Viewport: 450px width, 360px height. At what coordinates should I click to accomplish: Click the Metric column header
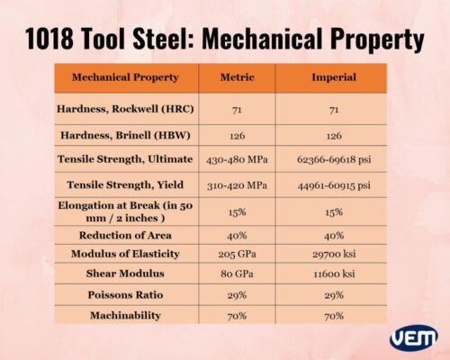[x=237, y=77]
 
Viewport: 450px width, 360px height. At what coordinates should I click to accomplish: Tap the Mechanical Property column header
[x=125, y=77]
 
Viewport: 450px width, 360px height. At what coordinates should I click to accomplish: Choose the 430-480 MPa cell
[x=237, y=159]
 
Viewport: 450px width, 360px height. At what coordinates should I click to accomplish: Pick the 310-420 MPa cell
[x=237, y=185]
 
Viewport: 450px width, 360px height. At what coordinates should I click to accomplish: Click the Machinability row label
[x=125, y=315]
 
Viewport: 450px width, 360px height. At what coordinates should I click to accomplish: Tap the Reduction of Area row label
[x=125, y=236]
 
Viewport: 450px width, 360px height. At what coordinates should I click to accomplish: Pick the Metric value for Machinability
[x=237, y=315]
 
